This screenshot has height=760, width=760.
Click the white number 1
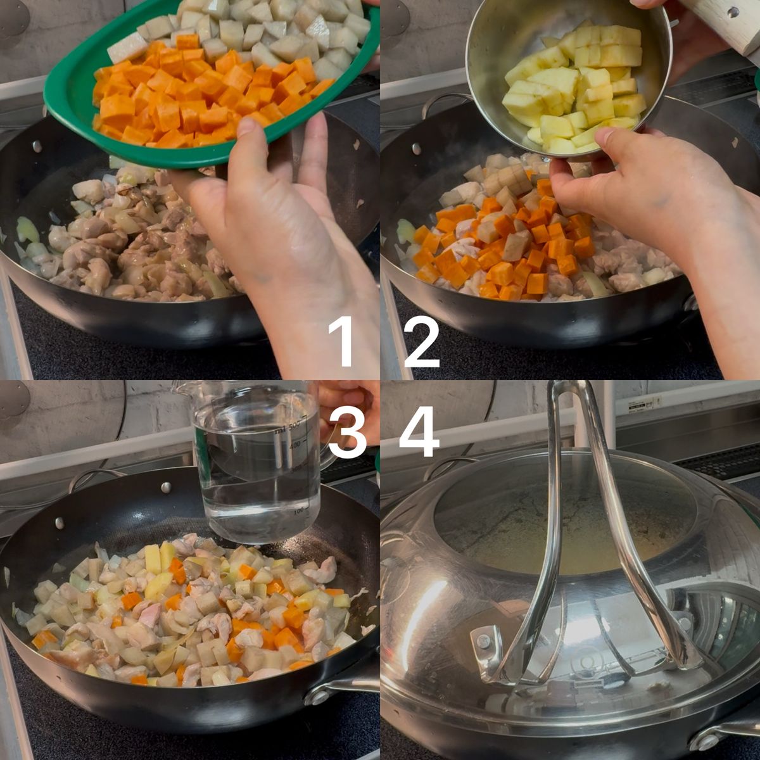click(341, 343)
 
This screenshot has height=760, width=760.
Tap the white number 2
click(422, 343)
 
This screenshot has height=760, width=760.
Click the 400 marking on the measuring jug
click(294, 444)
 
